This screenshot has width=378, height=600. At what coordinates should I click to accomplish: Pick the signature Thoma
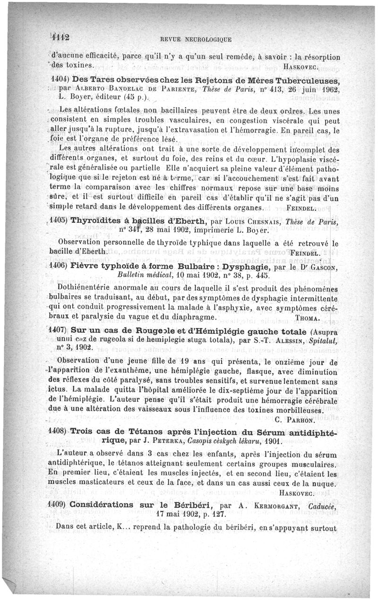point(309,317)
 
